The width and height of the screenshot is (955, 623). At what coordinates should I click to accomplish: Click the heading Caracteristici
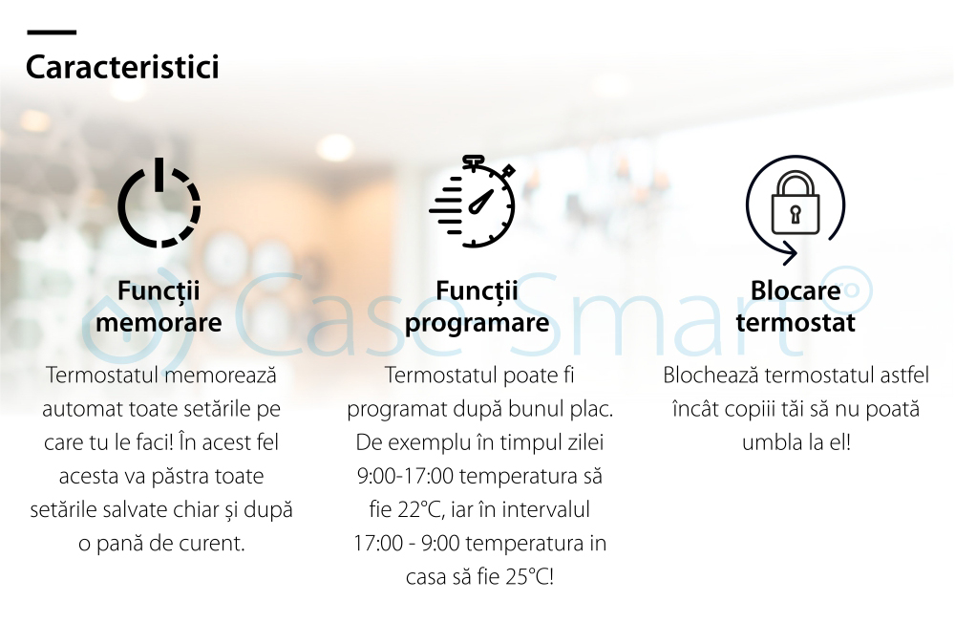pyautogui.click(x=122, y=67)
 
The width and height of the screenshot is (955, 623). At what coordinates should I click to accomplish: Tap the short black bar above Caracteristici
pyautogui.click(x=52, y=32)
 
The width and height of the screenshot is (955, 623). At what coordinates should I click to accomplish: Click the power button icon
pyautogui.click(x=159, y=203)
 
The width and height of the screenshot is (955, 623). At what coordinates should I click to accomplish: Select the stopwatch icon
pyautogui.click(x=473, y=202)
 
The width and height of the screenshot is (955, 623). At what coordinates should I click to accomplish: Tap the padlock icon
pyautogui.click(x=795, y=203)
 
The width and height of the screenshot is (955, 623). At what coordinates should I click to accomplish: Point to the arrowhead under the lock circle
pyautogui.click(x=790, y=253)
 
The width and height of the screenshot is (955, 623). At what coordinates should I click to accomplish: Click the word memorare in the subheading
pyautogui.click(x=159, y=322)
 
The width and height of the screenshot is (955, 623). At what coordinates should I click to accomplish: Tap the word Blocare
pyautogui.click(x=796, y=290)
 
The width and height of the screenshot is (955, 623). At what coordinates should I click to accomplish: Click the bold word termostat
pyautogui.click(x=796, y=322)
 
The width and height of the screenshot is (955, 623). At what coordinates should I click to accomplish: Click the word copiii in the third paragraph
pyautogui.click(x=752, y=408)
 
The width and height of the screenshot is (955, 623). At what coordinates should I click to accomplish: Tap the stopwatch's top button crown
pyautogui.click(x=474, y=161)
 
